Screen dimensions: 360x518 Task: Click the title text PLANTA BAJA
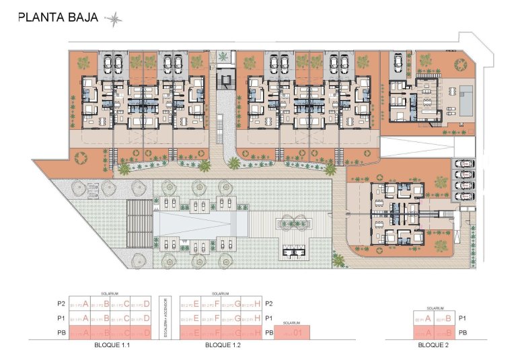[58, 18]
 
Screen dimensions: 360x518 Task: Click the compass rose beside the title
[115, 18]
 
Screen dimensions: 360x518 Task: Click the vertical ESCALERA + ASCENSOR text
[165, 318]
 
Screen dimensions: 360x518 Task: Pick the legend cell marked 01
[294, 332]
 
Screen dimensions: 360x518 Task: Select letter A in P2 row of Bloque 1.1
[85, 303]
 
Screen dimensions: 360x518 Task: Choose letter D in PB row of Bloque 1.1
[146, 332]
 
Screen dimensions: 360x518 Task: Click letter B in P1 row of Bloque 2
[447, 318]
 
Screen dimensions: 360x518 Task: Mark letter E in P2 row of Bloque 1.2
[196, 303]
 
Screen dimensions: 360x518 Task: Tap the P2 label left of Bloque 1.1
[61, 303]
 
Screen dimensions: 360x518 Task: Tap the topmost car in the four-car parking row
[464, 164]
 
